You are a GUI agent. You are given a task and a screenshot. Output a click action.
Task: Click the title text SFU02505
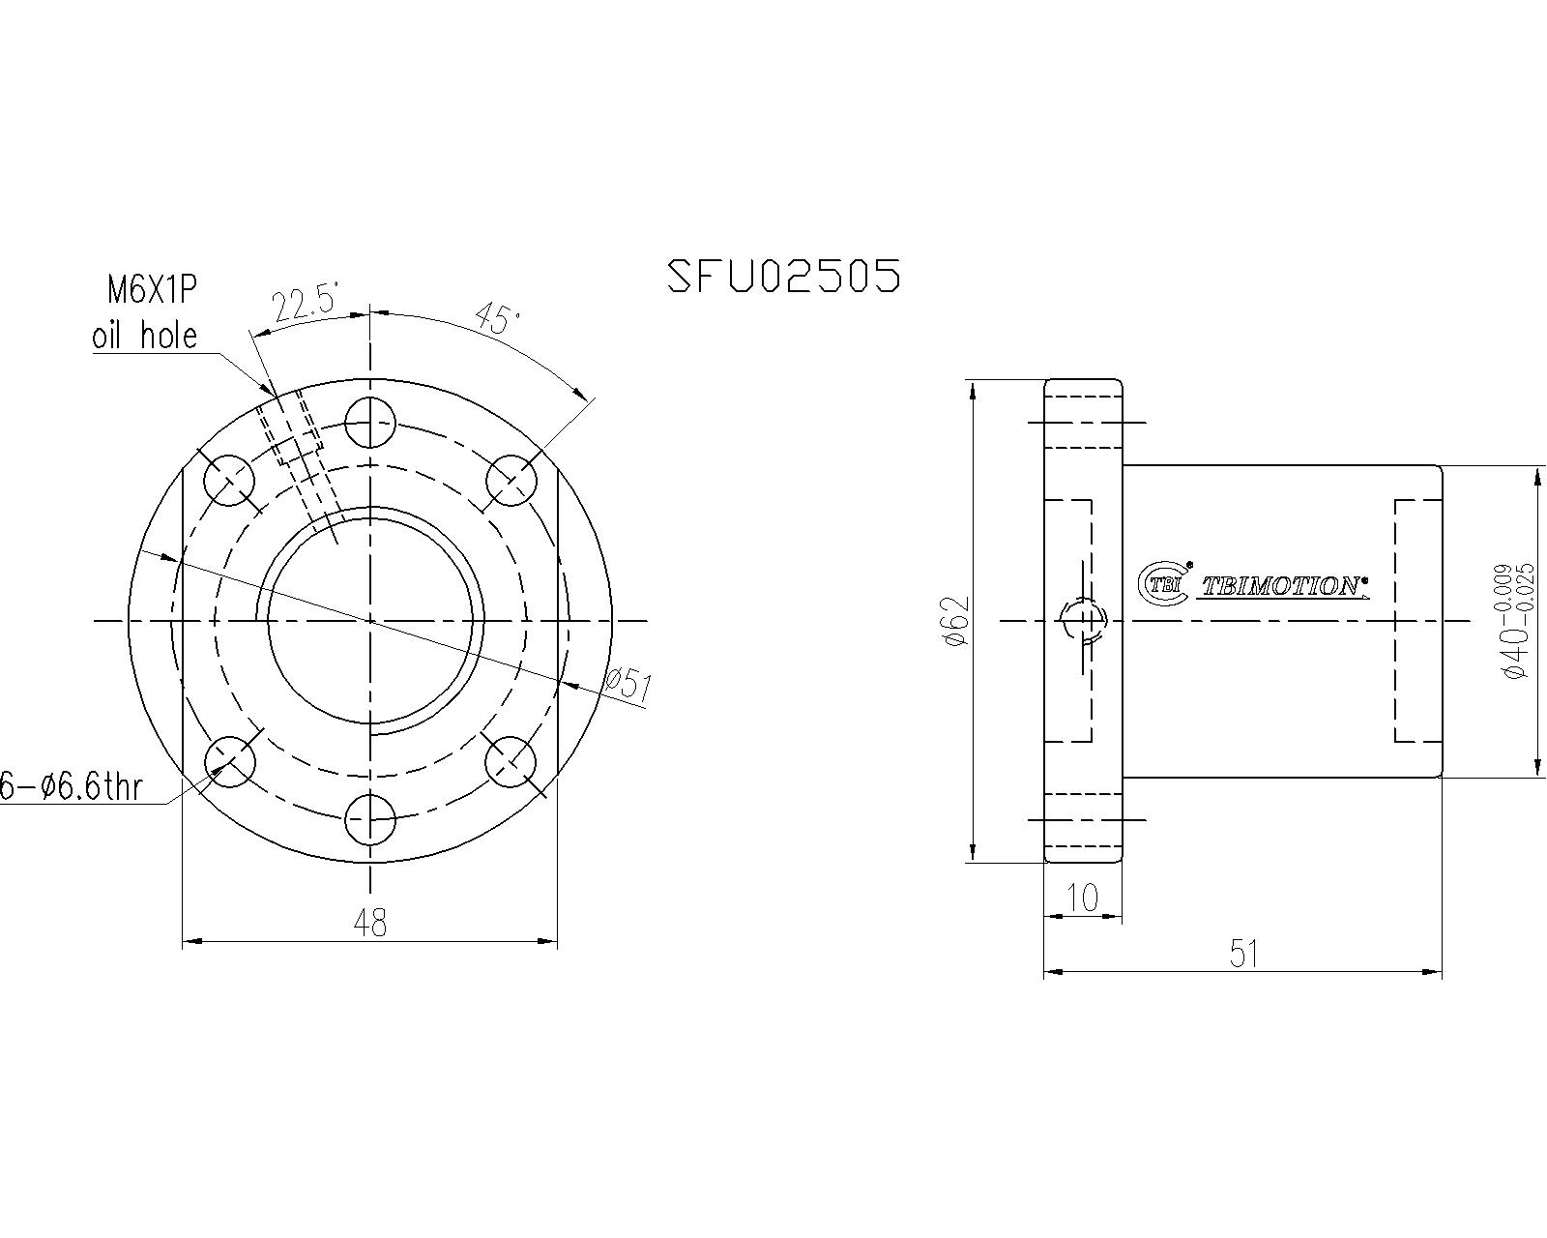point(784,277)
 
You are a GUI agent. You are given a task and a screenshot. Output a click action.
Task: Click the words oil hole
point(145,336)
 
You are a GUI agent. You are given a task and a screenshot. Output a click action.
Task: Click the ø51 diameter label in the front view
point(629,685)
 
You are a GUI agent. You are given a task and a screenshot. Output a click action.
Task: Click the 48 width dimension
point(369,923)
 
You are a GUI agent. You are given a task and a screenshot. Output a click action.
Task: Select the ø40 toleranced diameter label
point(1513,620)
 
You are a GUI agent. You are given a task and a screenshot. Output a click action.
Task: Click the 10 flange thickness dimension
point(1084,899)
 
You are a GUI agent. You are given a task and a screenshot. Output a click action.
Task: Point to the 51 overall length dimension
point(1243,955)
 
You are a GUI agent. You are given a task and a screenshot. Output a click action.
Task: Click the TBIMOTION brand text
point(1282,586)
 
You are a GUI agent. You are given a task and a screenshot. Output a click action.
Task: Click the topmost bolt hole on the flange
point(370,422)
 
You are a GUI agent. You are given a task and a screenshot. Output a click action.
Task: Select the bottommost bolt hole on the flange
point(370,819)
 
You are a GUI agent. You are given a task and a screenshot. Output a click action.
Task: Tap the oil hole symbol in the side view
point(1082,620)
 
